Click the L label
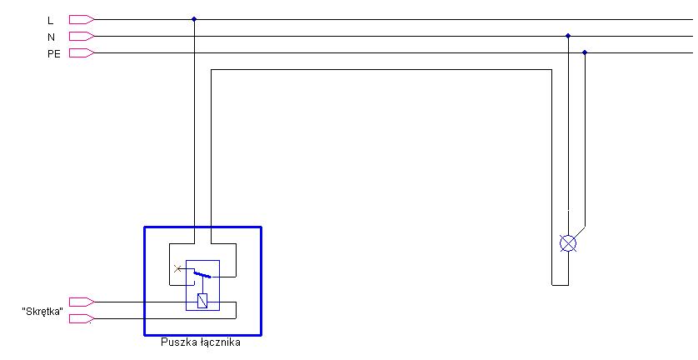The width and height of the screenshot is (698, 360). click(x=50, y=21)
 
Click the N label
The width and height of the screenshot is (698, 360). click(x=51, y=37)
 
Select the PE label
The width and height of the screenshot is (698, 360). click(x=54, y=54)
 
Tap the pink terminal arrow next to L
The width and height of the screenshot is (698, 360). click(x=82, y=20)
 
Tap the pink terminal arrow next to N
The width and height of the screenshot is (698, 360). click(x=82, y=36)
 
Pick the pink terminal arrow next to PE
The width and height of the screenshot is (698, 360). click(x=82, y=53)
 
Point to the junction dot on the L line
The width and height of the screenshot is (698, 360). click(x=193, y=19)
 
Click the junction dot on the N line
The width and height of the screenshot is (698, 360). click(x=567, y=36)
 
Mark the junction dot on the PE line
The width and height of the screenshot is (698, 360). click(x=585, y=52)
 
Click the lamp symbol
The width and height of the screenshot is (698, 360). click(x=567, y=243)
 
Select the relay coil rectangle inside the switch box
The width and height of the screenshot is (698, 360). click(x=202, y=301)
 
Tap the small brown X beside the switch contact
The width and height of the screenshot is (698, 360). click(x=177, y=268)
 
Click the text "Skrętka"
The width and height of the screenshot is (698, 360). click(x=42, y=312)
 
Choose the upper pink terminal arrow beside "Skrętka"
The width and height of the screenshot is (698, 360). click(x=82, y=302)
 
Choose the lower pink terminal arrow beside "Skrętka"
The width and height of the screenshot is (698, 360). click(x=82, y=318)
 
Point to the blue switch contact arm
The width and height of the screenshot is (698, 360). click(x=202, y=274)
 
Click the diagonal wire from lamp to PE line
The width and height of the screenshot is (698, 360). click(x=579, y=232)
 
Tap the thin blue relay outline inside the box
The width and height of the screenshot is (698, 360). click(x=186, y=285)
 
